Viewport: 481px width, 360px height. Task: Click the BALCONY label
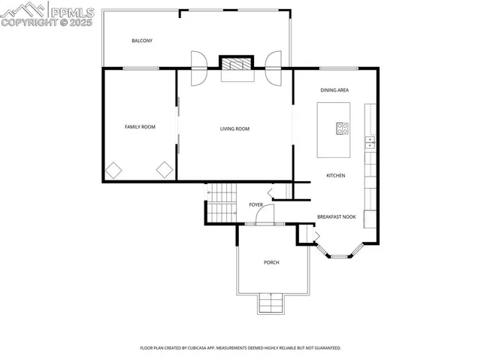pos(142,41)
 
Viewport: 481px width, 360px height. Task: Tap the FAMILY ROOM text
pos(140,127)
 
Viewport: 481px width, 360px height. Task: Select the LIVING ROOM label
pos(234,129)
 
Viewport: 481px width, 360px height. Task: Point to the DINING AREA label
pos(334,90)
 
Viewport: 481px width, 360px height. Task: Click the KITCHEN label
pos(335,175)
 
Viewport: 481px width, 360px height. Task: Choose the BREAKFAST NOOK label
pos(336,216)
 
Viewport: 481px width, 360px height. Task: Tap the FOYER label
pos(256,204)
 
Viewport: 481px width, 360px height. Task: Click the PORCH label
pos(271,262)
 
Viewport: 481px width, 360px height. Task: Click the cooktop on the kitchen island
pos(343,129)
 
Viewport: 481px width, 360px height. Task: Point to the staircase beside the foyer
pos(222,203)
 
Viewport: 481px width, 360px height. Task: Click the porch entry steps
pos(271,304)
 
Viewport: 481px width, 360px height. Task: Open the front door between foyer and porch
pos(265,216)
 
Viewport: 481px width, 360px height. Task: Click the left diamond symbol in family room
pos(113,170)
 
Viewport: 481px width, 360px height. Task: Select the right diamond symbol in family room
pos(165,170)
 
